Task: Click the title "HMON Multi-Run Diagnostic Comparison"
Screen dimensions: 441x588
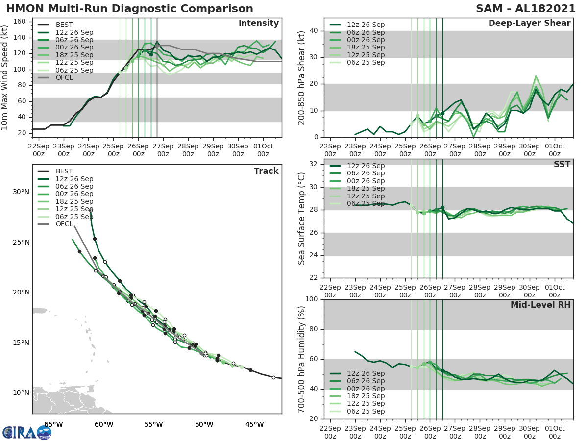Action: coord(129,9)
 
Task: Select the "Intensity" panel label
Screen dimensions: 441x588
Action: coord(258,24)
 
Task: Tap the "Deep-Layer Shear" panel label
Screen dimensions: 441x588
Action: coord(529,24)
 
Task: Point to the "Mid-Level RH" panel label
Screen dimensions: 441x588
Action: coord(540,305)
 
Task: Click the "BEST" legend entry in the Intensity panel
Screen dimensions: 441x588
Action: coord(64,24)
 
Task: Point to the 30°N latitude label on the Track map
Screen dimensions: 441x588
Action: coord(22,192)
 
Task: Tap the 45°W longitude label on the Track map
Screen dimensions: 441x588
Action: coord(254,424)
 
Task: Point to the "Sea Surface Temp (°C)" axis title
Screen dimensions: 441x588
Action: coord(302,219)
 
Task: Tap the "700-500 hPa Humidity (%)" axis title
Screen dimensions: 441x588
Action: coord(302,359)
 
